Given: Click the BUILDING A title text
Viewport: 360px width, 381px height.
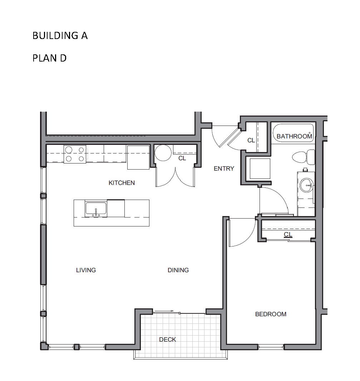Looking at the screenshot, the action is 60,36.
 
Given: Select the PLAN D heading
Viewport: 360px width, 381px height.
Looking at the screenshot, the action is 50,58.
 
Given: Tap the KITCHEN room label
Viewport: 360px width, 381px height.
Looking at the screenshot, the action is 122,183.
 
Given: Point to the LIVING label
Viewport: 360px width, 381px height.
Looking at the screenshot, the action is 86,270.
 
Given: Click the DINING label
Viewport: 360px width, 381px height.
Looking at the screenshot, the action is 178,270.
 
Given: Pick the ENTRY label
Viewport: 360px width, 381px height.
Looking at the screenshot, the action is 224,168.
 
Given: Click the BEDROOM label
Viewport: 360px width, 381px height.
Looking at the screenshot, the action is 271,314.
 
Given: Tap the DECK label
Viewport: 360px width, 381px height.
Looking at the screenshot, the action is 168,340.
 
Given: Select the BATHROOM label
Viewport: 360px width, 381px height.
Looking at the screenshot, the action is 294,136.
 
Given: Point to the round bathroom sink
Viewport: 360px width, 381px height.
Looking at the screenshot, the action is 306,185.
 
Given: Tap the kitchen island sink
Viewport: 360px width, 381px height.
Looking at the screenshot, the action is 96,209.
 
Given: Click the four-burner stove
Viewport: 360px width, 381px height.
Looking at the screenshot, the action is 75,154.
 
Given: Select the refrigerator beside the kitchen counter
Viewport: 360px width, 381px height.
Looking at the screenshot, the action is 138,157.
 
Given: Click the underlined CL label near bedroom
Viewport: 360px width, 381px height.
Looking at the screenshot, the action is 288,234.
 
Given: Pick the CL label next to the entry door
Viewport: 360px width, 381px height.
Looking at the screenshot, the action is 251,140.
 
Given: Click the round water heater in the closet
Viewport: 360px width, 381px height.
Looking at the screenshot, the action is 163,153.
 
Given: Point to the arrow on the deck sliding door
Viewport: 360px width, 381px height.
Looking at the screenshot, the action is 164,311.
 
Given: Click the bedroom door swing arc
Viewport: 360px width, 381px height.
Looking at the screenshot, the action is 248,239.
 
